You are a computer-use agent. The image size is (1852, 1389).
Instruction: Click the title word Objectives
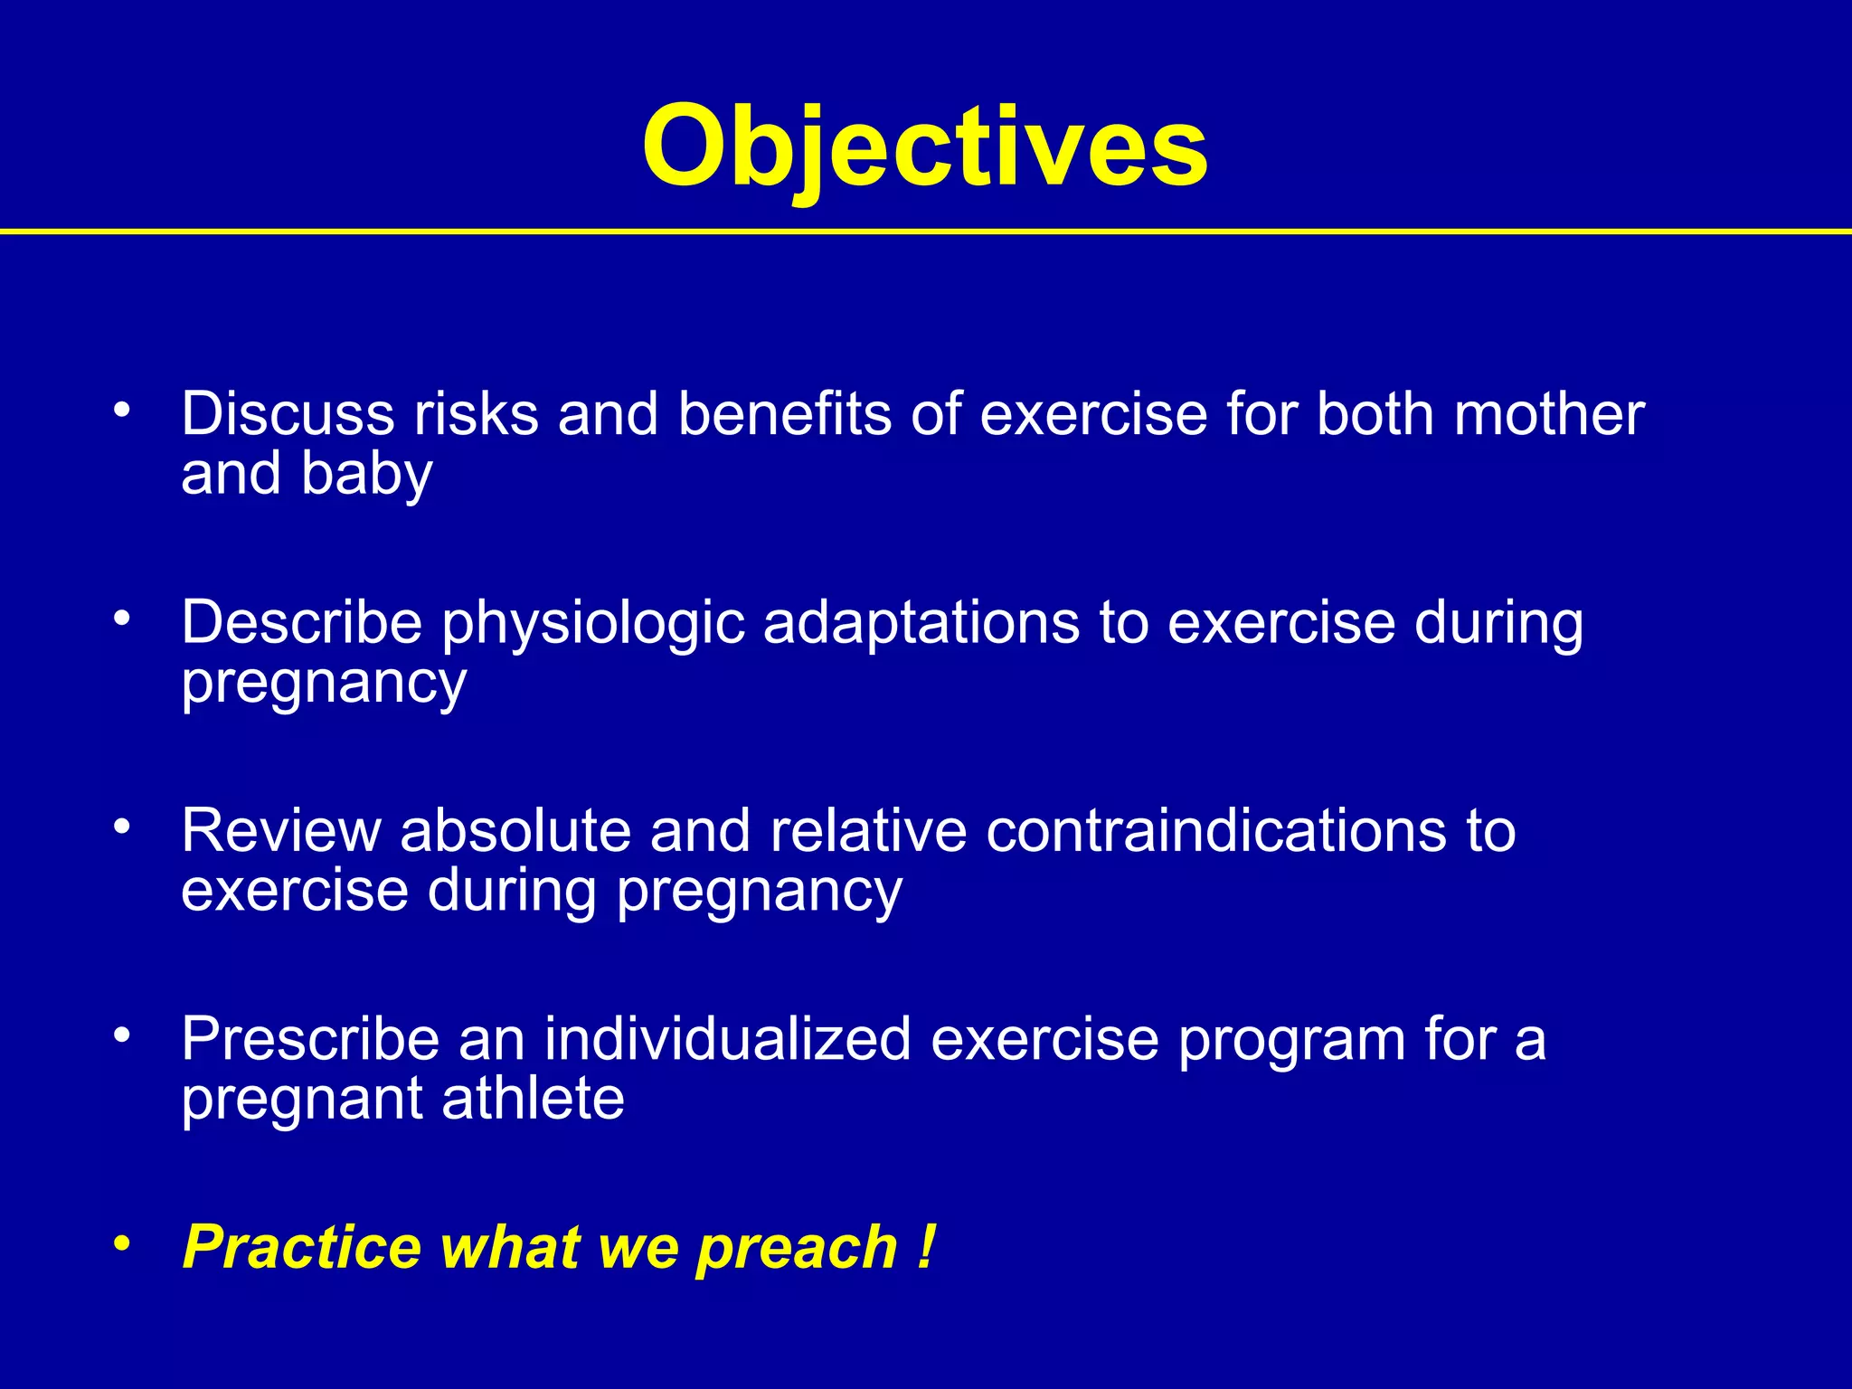924,146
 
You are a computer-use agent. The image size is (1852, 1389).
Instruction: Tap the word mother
1548,414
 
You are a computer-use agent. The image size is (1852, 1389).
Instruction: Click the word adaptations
921,624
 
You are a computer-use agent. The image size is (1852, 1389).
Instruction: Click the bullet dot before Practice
122,1244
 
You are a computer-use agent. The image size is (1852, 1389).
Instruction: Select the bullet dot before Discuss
122,411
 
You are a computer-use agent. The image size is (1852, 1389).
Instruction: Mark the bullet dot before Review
122,827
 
